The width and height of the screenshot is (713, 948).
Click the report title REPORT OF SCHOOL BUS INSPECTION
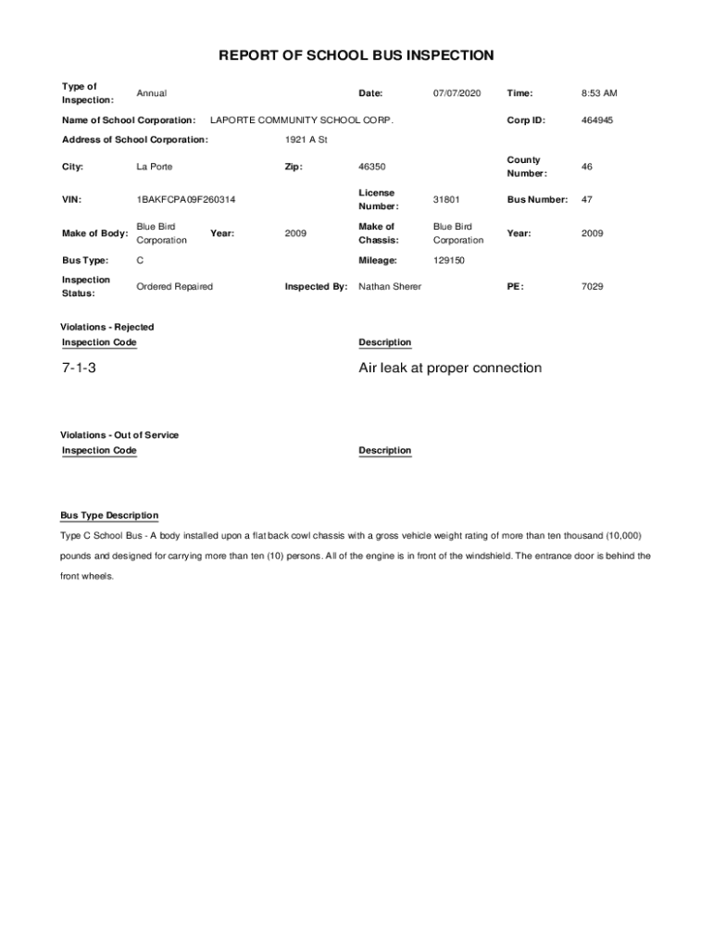pos(356,56)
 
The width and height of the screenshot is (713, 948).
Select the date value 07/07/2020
pos(457,94)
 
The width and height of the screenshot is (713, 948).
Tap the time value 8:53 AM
pos(599,94)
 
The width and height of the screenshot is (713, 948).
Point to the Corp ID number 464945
pos(597,120)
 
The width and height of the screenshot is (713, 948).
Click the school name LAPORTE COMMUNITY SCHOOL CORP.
pos(302,120)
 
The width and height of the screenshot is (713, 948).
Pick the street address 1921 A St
pos(306,140)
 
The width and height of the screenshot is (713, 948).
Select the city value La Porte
pos(155,167)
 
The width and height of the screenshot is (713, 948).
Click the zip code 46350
pos(372,167)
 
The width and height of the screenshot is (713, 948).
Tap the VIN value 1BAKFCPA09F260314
pos(185,200)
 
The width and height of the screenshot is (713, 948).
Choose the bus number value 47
pos(587,200)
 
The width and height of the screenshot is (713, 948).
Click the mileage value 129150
pos(449,261)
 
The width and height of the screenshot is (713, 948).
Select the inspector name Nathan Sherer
pos(390,287)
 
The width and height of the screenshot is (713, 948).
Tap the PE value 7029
pos(592,287)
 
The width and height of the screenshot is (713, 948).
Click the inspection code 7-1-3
pos(80,368)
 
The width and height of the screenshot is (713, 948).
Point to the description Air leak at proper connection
pos(450,368)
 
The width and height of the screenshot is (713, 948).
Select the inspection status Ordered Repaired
pos(174,287)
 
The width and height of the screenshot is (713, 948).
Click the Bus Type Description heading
pos(109,516)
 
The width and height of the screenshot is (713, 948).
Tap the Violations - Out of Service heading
pos(119,435)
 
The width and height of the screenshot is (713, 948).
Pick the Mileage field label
pos(378,261)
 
